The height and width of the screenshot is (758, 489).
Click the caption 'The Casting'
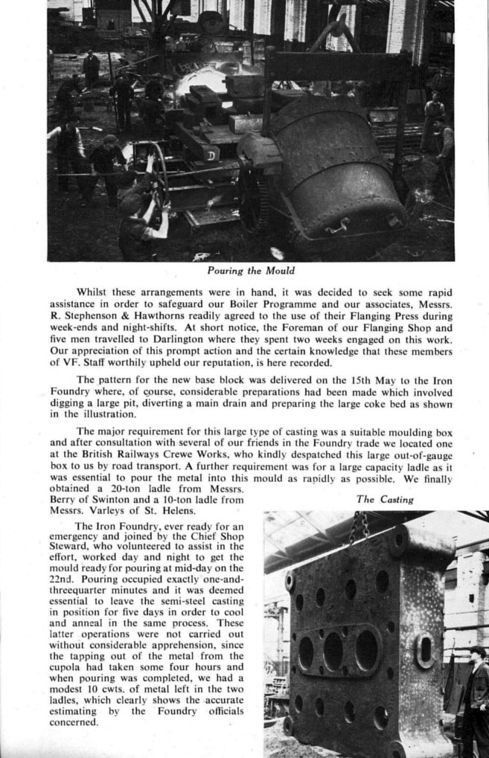[x=385, y=500]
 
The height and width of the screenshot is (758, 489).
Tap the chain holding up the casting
[x=359, y=527]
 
